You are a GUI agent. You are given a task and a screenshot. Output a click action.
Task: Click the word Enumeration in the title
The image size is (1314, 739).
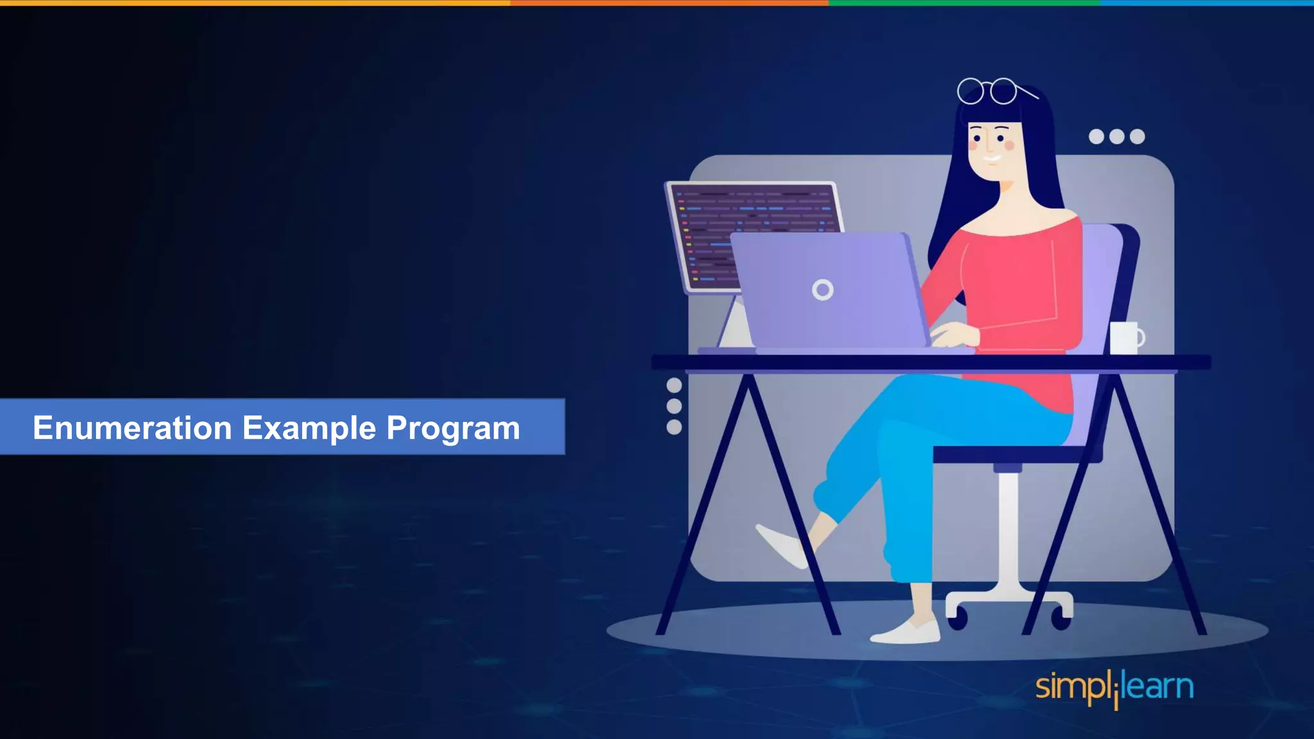click(x=132, y=428)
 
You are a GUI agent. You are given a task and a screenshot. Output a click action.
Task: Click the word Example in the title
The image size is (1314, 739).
click(x=309, y=428)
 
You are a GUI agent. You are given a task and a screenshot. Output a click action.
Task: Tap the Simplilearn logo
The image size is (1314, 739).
click(x=1114, y=688)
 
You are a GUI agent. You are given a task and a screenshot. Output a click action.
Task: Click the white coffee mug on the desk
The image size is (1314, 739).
click(x=1125, y=338)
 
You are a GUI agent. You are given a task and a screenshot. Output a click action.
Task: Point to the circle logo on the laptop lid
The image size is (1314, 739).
click(x=823, y=290)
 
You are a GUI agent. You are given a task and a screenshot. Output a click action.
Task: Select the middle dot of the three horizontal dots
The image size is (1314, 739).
click(x=1117, y=137)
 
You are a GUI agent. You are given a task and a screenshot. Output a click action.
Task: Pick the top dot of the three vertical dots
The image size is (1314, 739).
click(x=674, y=385)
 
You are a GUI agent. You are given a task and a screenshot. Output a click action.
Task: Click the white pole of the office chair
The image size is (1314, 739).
click(x=1009, y=532)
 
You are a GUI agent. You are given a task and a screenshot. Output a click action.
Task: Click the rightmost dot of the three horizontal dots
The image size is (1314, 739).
click(x=1138, y=137)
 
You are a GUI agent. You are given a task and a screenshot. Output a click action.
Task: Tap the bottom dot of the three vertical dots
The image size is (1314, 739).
click(x=674, y=427)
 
